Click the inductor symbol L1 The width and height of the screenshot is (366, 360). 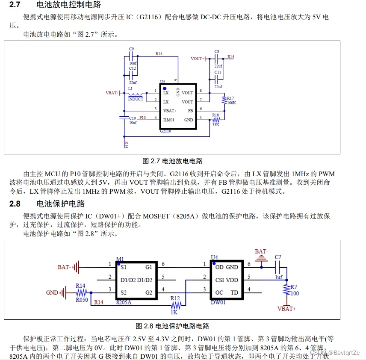136,94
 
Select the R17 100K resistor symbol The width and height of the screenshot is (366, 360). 224,100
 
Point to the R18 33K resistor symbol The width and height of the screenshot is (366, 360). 215,120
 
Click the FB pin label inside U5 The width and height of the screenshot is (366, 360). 190,110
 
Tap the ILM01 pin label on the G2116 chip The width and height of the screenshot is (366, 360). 169,120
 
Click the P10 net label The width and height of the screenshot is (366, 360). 142,118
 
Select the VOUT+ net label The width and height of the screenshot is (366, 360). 197,59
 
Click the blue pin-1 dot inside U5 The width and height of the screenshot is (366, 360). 164,88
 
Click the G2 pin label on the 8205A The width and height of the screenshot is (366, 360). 149,292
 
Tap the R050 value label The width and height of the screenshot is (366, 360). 81,300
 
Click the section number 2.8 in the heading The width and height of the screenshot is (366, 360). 15,204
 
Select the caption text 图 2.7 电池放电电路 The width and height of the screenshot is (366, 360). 172,161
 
